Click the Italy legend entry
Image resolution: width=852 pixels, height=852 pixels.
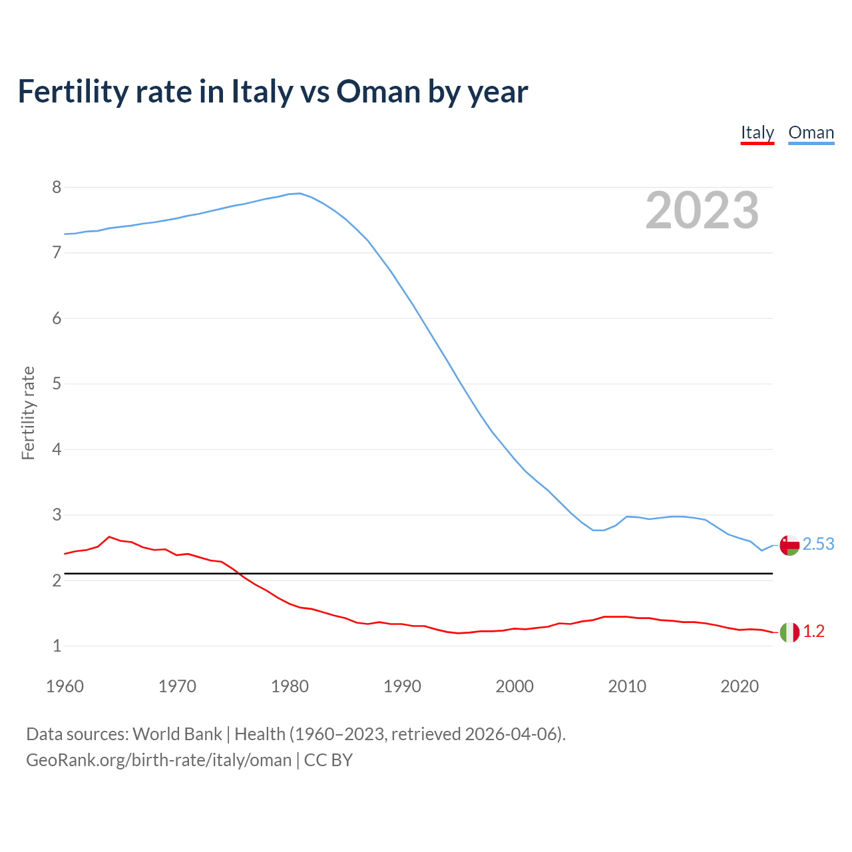(757, 132)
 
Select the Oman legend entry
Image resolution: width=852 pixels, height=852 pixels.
(811, 132)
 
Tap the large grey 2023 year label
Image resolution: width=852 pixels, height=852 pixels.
(702, 210)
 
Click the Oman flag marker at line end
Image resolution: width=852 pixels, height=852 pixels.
(789, 544)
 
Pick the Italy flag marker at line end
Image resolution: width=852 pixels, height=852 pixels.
(789, 632)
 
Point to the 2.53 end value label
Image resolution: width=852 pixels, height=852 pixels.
(818, 544)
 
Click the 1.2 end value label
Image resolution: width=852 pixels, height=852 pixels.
(813, 632)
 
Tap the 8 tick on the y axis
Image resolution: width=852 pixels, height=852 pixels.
(57, 188)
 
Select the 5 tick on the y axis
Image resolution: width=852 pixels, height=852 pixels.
(57, 384)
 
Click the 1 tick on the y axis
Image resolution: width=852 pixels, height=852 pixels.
(57, 646)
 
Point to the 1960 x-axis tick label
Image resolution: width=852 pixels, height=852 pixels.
(65, 686)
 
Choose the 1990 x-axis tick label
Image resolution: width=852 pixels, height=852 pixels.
(402, 686)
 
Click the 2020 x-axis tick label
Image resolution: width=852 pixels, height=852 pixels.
(740, 686)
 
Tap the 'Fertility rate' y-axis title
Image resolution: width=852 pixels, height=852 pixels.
(28, 413)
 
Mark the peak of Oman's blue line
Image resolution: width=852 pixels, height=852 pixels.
(300, 194)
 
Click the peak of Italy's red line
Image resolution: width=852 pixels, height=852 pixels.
(109, 536)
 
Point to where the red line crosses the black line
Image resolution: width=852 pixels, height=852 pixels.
(239, 573)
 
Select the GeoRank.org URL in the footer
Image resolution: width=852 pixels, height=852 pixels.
(158, 760)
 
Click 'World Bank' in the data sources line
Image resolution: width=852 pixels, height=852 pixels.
(177, 734)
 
